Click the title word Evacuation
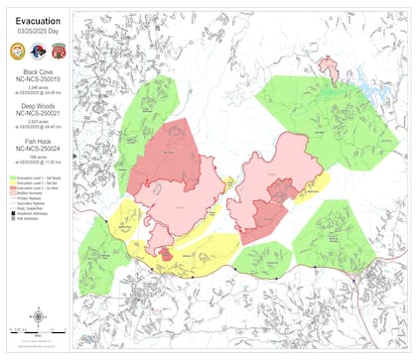click(x=36, y=19)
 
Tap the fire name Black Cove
click(x=36, y=73)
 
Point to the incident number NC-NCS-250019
click(x=36, y=82)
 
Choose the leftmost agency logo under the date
click(x=19, y=50)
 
